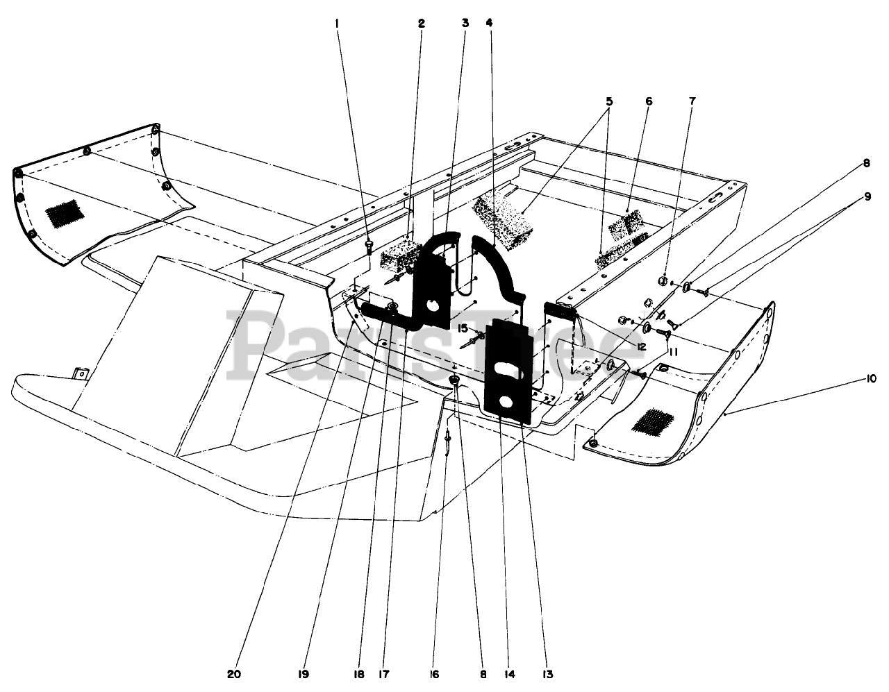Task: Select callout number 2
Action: pos(421,23)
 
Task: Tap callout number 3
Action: pos(465,23)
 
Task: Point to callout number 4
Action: pos(489,23)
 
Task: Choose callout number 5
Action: pos(609,101)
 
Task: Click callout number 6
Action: pos(649,101)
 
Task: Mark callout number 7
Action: pos(692,101)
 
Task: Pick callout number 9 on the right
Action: pos(867,196)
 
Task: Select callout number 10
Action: pos(870,378)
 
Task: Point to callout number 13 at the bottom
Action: pos(549,673)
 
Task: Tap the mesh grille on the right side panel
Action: pos(652,420)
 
